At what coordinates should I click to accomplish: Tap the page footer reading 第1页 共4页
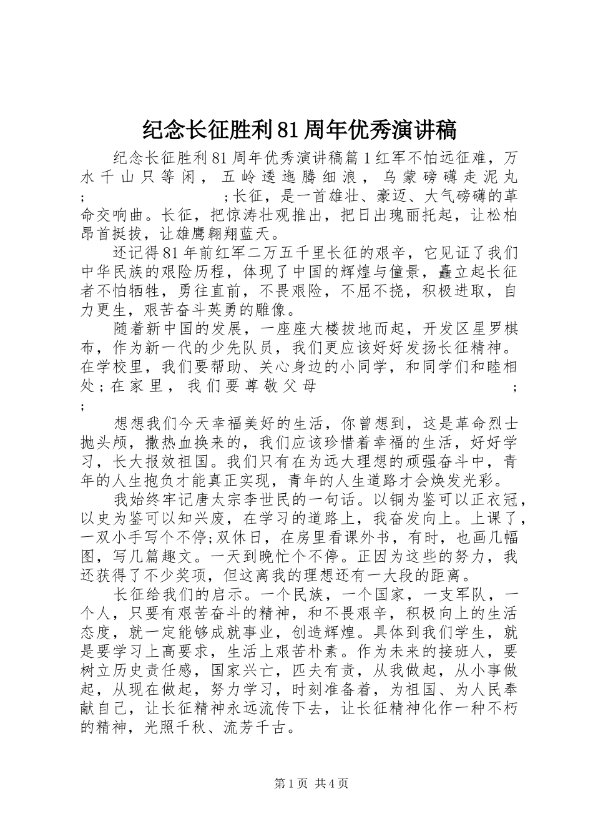click(x=311, y=783)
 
